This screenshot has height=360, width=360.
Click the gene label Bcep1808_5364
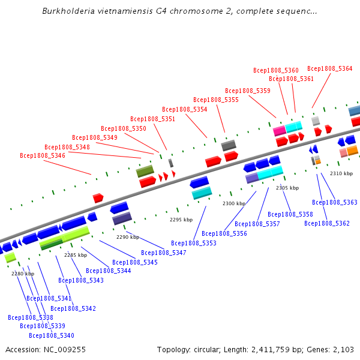point(329,68)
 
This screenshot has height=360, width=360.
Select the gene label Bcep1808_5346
point(43,155)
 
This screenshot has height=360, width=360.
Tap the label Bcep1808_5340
point(52,335)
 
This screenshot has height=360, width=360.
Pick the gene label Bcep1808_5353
point(194,243)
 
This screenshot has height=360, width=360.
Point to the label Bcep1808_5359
point(248,91)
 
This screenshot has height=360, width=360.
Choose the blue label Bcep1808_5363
point(335,202)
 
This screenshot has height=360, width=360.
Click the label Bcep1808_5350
point(124,128)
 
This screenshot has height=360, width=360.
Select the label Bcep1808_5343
point(81,280)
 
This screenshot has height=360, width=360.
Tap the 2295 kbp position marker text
point(181,220)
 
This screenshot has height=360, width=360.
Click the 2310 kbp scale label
point(341,173)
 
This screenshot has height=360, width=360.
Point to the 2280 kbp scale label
point(23,274)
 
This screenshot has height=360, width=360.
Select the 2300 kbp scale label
point(234,203)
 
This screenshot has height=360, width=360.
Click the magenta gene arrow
point(280,130)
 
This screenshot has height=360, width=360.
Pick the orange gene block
point(352,150)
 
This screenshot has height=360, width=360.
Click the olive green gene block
point(145,172)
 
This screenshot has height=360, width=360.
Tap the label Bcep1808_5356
point(224,233)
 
